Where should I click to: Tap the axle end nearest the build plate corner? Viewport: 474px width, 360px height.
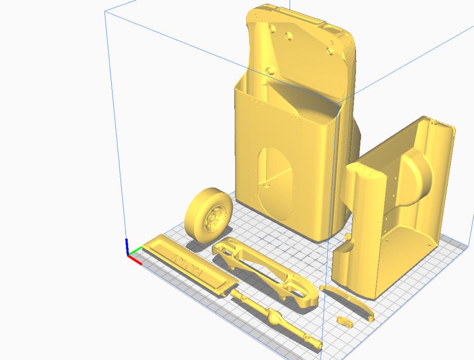[x=316, y=345]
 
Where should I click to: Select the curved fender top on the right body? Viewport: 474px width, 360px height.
[x=366, y=171]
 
